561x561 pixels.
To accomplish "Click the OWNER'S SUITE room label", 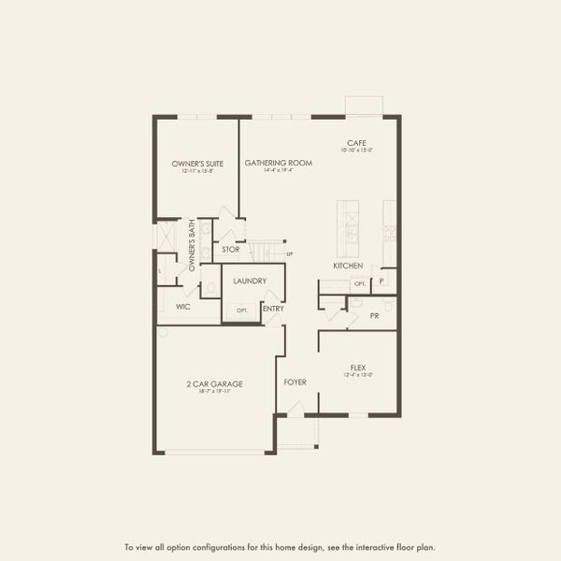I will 195,163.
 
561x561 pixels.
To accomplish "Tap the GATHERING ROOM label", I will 278,163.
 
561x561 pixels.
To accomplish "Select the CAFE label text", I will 356,143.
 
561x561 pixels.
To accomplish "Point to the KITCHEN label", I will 347,266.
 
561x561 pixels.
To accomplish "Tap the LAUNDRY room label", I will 250,280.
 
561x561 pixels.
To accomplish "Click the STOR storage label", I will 231,250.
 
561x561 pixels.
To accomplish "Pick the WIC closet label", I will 183,306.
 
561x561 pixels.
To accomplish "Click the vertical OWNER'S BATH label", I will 192,246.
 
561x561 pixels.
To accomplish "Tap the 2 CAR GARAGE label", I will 215,383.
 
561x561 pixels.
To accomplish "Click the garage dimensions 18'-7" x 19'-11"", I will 215,391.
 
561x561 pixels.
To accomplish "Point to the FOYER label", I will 295,382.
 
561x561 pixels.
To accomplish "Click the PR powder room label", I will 374,316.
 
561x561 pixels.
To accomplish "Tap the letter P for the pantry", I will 381,280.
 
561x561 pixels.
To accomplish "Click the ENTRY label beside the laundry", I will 273,309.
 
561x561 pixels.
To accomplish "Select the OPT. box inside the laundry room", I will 242,309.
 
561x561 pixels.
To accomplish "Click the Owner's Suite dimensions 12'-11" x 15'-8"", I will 195,170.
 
